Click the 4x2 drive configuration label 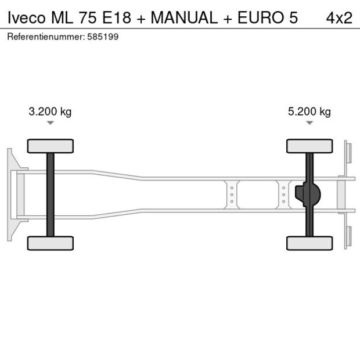339,18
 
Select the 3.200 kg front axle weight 50,112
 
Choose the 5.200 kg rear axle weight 309,112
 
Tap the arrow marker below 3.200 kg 50,123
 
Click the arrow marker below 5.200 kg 309,123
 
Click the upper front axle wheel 50,146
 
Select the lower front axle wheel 50,243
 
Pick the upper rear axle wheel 309,146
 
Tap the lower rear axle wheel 309,243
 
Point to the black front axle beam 50,195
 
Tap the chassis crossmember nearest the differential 283,195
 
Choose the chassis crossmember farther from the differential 232,195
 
